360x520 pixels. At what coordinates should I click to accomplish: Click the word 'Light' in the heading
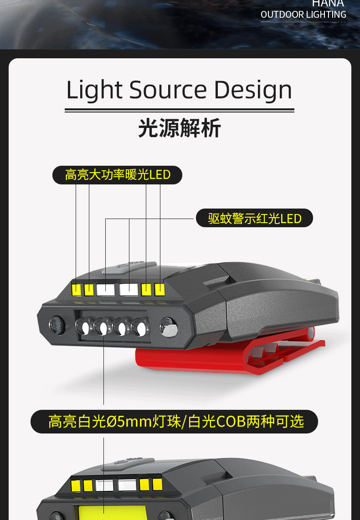pos(93,90)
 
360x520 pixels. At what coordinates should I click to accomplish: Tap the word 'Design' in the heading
pos(253,90)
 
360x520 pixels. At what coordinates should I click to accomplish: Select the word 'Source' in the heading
pos(168,90)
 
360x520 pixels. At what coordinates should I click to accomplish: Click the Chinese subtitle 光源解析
pos(180,128)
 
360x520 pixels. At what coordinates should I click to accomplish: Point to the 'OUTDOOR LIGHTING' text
pos(303,15)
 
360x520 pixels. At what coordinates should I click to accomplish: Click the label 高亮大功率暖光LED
pos(118,175)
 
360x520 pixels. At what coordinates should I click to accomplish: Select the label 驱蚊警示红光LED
pos(255,219)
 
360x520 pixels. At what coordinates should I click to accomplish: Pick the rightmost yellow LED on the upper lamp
pos(159,289)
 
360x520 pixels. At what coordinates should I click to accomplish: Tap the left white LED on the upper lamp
pos(105,289)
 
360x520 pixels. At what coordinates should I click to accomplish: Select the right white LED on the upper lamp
pos(129,289)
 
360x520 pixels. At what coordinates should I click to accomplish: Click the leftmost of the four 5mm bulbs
pos(83,326)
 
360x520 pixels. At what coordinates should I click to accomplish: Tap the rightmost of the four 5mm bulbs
pos(139,327)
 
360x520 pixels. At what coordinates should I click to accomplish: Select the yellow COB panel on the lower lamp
pos(112,512)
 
